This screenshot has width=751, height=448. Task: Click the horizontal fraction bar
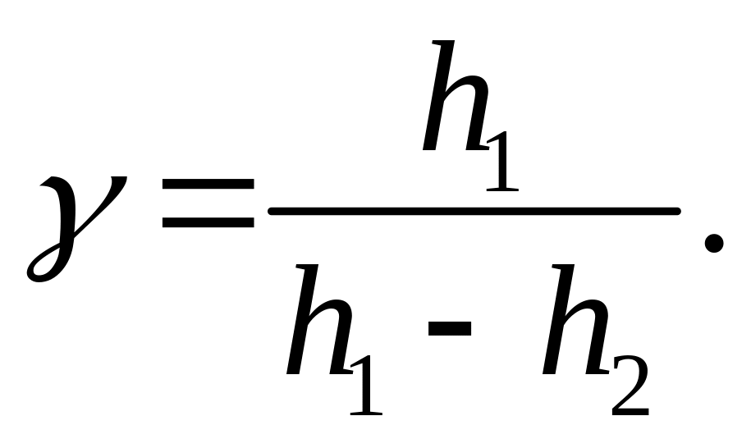tap(474, 212)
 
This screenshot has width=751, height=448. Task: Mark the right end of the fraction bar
tap(677, 212)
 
